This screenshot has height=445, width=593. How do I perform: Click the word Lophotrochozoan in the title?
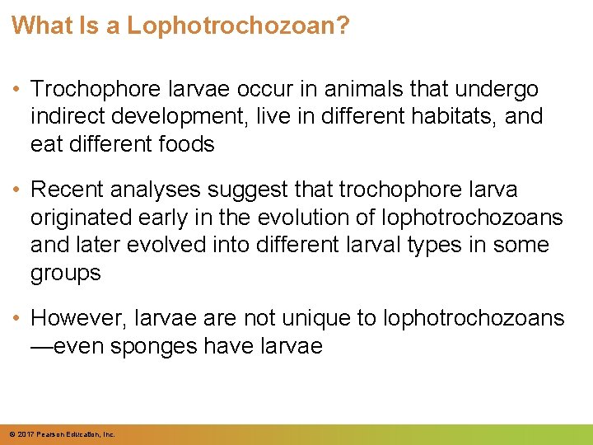[238, 26]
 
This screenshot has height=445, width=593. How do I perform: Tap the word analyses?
[156, 190]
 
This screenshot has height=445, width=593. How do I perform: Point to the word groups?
[65, 273]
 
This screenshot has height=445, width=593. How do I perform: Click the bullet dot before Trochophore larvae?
[17, 89]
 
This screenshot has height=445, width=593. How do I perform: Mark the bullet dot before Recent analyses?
[17, 190]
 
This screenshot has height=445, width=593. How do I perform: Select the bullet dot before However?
[17, 319]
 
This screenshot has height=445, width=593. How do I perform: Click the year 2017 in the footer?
[24, 433]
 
